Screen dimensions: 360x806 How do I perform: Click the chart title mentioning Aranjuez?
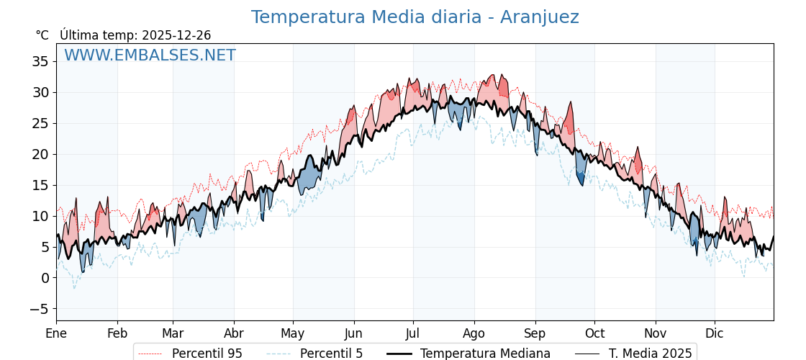tap(415, 17)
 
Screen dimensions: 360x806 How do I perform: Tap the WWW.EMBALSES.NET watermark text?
tap(150, 55)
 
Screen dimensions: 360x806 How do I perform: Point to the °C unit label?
tap(42, 35)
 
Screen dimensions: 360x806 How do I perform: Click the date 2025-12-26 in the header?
tap(176, 35)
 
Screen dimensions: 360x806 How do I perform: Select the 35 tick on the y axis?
tap(40, 62)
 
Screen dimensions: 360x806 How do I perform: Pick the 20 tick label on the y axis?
tap(40, 154)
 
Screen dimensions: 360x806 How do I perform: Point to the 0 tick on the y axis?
tap(45, 278)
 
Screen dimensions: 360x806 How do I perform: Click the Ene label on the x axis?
tap(56, 333)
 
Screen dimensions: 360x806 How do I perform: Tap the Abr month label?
tap(234, 333)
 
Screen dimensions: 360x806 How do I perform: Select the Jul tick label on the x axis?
tap(413, 333)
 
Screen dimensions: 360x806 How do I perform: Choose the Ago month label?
tap(474, 333)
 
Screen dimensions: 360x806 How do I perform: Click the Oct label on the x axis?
tap(594, 333)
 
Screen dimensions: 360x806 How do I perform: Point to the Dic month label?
tap(715, 333)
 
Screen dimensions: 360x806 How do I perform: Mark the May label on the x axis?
tap(293, 333)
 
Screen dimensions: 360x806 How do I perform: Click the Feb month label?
tap(117, 333)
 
